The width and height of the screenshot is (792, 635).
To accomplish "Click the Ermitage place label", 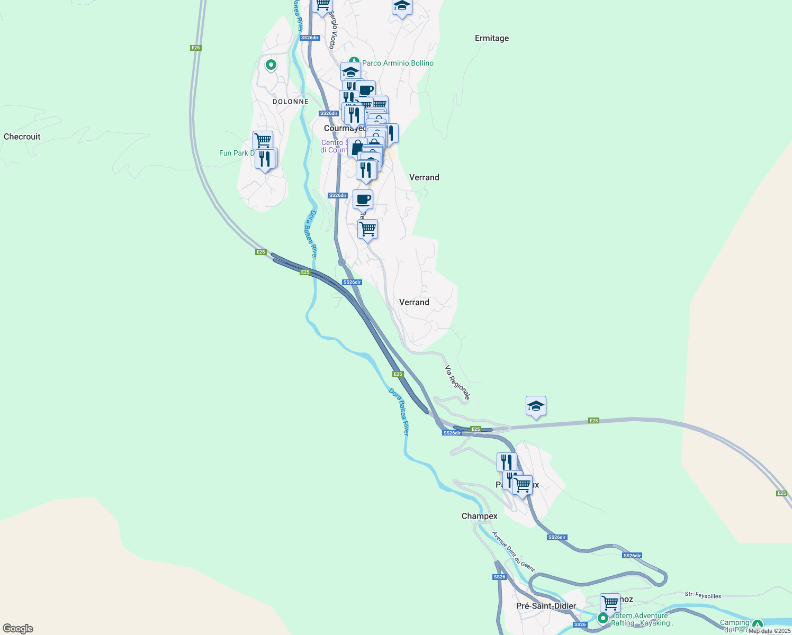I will pyautogui.click(x=492, y=38).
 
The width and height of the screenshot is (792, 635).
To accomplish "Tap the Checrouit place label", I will pyautogui.click(x=22, y=137).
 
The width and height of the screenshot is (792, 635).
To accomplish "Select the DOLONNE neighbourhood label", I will pyautogui.click(x=291, y=102).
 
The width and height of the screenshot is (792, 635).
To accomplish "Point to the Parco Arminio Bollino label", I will pyautogui.click(x=398, y=63).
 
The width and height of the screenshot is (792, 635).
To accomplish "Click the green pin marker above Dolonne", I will pyautogui.click(x=271, y=65).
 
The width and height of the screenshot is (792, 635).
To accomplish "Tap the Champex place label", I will pyautogui.click(x=480, y=516).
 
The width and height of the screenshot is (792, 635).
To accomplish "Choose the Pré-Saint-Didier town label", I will pyautogui.click(x=546, y=606).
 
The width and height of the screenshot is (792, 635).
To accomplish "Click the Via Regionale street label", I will pyautogui.click(x=457, y=383).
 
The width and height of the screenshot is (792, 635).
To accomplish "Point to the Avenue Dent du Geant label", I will pyautogui.click(x=514, y=552).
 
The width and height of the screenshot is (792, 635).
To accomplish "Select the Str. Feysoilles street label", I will pyautogui.click(x=703, y=595).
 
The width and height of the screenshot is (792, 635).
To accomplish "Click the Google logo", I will pyautogui.click(x=18, y=629).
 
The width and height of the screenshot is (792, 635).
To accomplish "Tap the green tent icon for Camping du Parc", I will pyautogui.click(x=758, y=624).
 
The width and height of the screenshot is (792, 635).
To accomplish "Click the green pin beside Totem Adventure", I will pyautogui.click(x=603, y=618).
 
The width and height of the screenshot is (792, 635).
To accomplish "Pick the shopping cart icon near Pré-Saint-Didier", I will pyautogui.click(x=610, y=603).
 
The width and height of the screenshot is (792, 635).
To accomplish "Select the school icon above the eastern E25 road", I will pyautogui.click(x=536, y=406).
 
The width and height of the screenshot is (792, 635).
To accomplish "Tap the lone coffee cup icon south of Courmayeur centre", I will pyautogui.click(x=363, y=199).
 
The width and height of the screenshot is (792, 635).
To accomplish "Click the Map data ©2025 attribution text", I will pyautogui.click(x=769, y=631).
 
